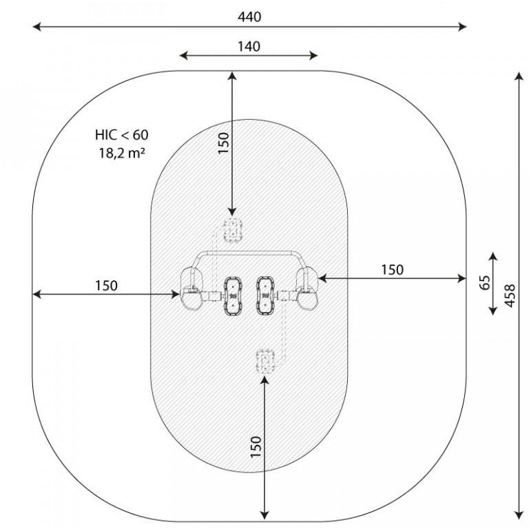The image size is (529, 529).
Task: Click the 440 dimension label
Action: click(249, 17)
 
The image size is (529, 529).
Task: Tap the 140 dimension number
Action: click(249, 46)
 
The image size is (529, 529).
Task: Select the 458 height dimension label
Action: click(510, 295)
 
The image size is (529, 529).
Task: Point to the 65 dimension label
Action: click(484, 282)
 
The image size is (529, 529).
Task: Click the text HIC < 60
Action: click(121, 135)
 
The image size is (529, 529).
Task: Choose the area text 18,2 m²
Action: click(122, 153)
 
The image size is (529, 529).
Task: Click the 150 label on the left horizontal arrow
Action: click(106, 285)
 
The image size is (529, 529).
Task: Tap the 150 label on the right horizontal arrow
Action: click(392, 269)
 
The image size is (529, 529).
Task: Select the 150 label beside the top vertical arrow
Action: click(223, 143)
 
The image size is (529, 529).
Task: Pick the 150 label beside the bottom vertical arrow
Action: click(256, 447)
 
